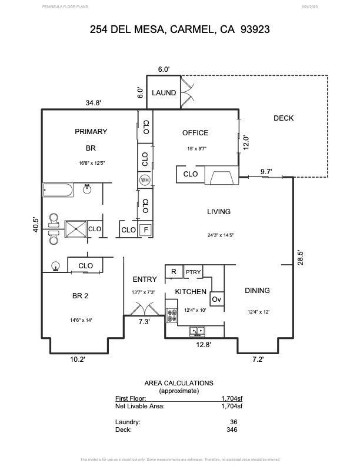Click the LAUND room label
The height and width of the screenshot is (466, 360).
(164, 93)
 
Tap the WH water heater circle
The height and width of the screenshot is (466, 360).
(145, 180)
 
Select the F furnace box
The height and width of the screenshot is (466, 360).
(146, 229)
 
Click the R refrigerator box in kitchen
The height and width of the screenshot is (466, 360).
(174, 272)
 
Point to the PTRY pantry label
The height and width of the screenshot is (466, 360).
(193, 272)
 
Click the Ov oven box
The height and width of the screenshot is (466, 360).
(216, 299)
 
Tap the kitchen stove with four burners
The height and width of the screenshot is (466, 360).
(172, 315)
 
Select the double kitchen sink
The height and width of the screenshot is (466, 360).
(198, 331)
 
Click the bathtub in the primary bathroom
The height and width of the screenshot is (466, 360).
(58, 190)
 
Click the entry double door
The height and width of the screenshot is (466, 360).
(144, 309)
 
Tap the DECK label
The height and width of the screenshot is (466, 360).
(284, 118)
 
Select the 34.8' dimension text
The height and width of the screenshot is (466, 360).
(94, 103)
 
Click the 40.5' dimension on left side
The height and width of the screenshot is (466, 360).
(35, 224)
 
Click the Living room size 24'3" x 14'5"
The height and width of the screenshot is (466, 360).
(221, 235)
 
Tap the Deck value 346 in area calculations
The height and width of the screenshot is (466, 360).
(231, 430)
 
